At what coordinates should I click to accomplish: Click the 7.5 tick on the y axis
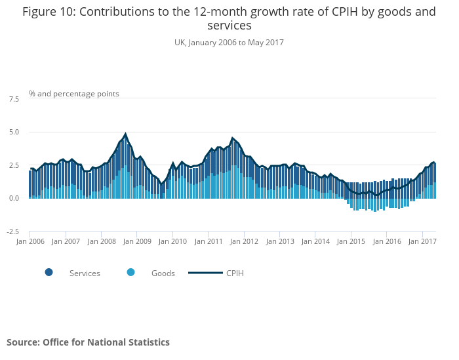click(14, 99)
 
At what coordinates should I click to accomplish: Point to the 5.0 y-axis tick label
click(14, 132)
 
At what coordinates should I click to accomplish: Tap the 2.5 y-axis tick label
click(14, 165)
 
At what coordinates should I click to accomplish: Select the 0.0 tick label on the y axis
click(14, 198)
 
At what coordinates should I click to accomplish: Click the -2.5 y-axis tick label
click(12, 231)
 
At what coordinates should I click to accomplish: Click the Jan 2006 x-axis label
click(30, 241)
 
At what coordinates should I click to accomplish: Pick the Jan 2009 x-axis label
click(138, 241)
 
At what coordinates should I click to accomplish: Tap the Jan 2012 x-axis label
click(245, 241)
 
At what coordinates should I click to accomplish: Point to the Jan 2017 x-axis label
click(422, 241)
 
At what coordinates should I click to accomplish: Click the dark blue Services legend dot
click(49, 273)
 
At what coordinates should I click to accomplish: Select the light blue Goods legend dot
click(131, 273)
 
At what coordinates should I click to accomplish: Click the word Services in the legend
click(85, 273)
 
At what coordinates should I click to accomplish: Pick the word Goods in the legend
click(163, 273)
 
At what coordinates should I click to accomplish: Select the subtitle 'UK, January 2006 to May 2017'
click(229, 43)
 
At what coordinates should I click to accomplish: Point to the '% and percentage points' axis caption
click(74, 94)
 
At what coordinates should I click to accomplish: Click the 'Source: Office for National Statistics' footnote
click(88, 342)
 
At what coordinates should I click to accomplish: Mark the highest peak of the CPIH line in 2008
click(125, 134)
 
